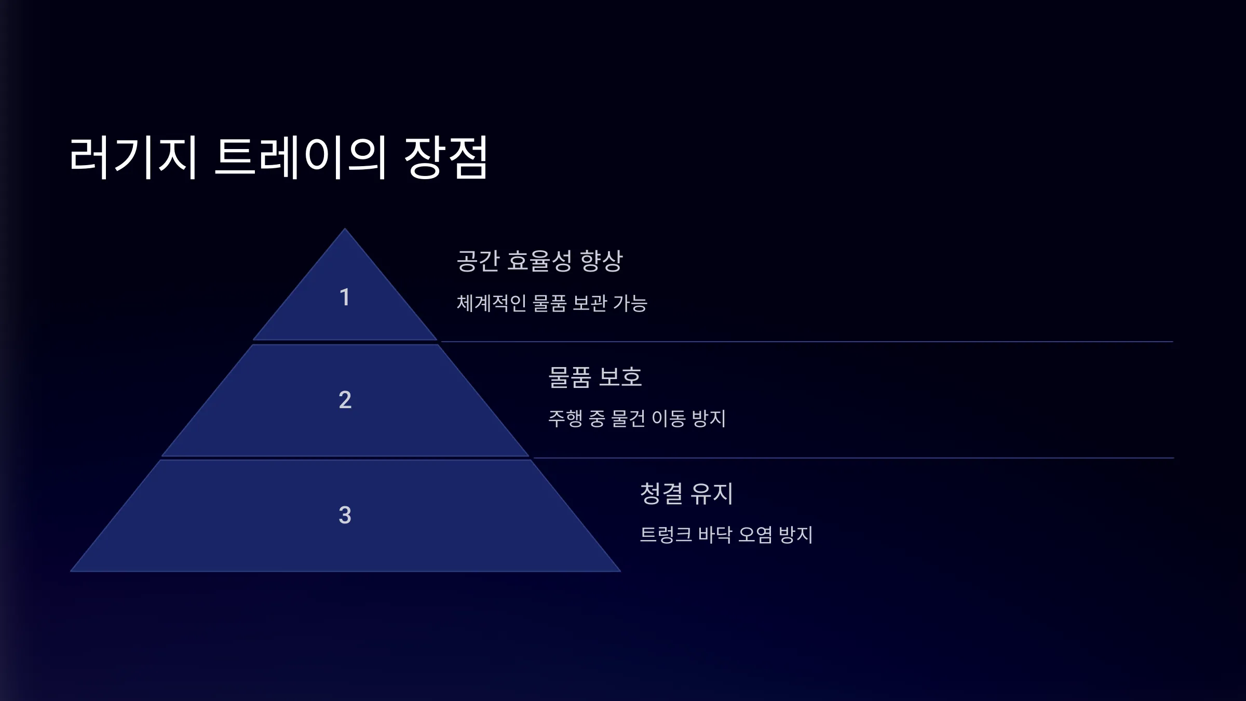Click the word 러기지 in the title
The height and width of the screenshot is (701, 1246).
(133, 157)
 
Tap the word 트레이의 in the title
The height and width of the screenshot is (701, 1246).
(301, 157)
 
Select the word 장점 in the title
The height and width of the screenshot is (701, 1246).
(446, 157)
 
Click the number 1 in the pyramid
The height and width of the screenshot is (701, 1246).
(345, 298)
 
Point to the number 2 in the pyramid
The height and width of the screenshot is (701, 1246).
(345, 400)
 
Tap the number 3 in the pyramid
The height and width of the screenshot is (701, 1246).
(345, 515)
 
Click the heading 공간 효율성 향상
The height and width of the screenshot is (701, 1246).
(539, 261)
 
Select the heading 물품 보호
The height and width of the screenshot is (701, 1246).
(595, 377)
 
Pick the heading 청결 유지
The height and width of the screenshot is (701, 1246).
(686, 493)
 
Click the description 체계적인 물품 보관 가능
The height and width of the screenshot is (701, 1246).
(552, 303)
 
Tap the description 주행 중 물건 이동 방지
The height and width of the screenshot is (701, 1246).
(637, 419)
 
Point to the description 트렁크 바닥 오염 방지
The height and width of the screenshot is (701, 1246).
(726, 535)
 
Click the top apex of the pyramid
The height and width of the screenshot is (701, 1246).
(345, 228)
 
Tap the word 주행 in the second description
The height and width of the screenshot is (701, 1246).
(565, 419)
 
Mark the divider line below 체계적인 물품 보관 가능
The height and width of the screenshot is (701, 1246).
(807, 342)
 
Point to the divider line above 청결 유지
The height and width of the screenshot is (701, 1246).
(854, 458)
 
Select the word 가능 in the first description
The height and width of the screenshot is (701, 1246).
(630, 303)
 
